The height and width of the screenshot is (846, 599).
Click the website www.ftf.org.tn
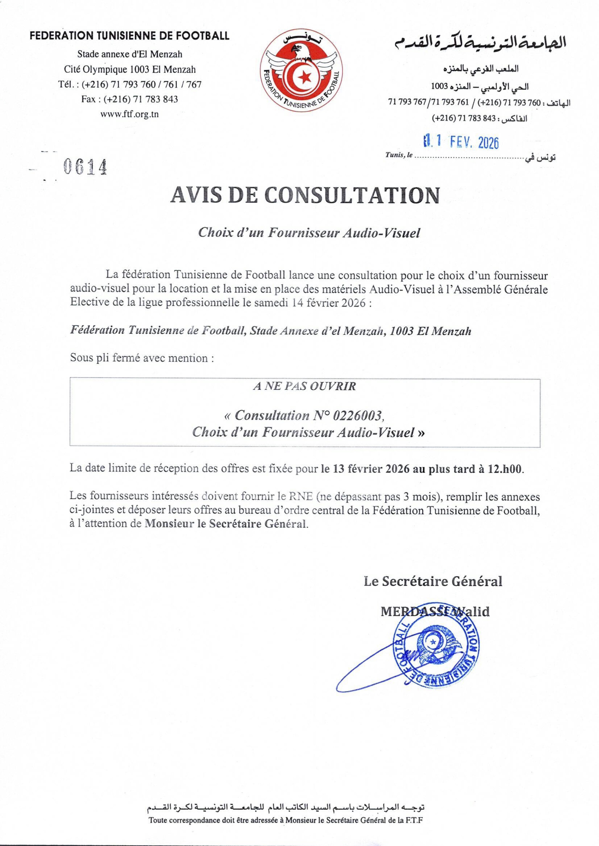point(130,114)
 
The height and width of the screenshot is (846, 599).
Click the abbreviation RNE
point(301,497)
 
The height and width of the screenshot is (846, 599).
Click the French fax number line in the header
point(130,99)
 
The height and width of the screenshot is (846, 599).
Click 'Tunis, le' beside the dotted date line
point(399,155)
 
